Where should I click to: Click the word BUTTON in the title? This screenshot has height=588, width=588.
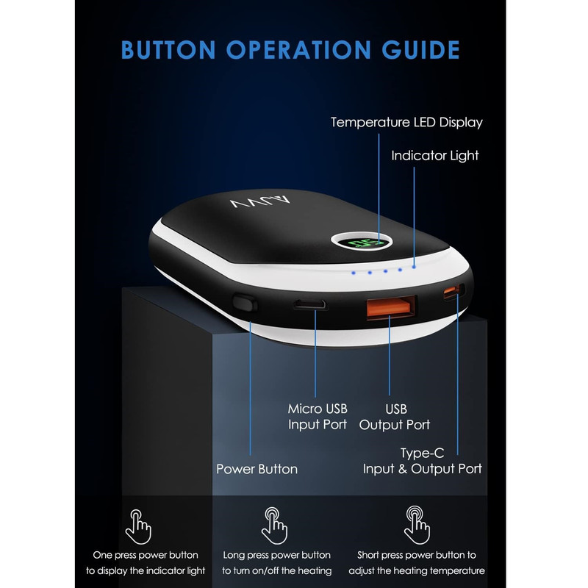coord(168,50)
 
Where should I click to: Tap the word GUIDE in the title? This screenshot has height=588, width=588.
coord(420,50)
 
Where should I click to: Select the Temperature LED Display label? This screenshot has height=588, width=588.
coord(406,123)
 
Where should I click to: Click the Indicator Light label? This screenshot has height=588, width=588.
coord(435,156)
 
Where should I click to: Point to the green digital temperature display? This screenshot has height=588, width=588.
coord(361,243)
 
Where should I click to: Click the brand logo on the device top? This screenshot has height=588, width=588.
coord(261,202)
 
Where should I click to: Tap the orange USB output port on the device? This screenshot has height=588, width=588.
coord(391,307)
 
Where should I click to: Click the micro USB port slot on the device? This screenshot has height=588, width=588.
coord(309,304)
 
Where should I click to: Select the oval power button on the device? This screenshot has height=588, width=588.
coord(245,303)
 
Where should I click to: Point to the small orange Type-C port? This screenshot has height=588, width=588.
coord(453,291)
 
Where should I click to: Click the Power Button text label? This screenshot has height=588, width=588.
coord(257,469)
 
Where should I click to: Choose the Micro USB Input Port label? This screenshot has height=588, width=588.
coord(318,416)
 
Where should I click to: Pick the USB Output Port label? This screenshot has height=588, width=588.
coord(395,417)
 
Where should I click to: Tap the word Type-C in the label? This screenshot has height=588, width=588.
coord(422,453)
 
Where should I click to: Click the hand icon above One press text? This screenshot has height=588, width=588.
coord(138,526)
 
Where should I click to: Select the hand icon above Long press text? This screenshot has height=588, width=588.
coord(274,526)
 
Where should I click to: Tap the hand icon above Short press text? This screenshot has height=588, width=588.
coord(416,525)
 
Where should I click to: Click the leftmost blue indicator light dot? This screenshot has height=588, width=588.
coord(354,273)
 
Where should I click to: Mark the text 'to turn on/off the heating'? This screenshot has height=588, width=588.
coord(277,571)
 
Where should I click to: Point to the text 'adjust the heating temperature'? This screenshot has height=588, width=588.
coord(417,571)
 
